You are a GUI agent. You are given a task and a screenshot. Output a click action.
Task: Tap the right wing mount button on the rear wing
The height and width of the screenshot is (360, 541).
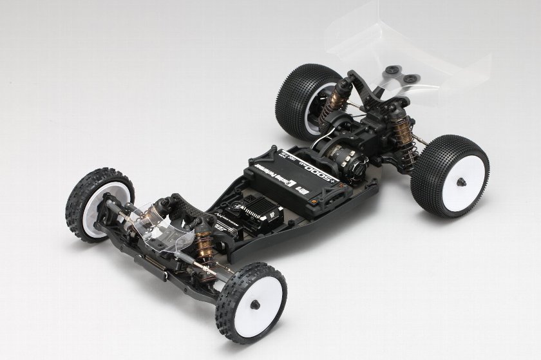408,79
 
